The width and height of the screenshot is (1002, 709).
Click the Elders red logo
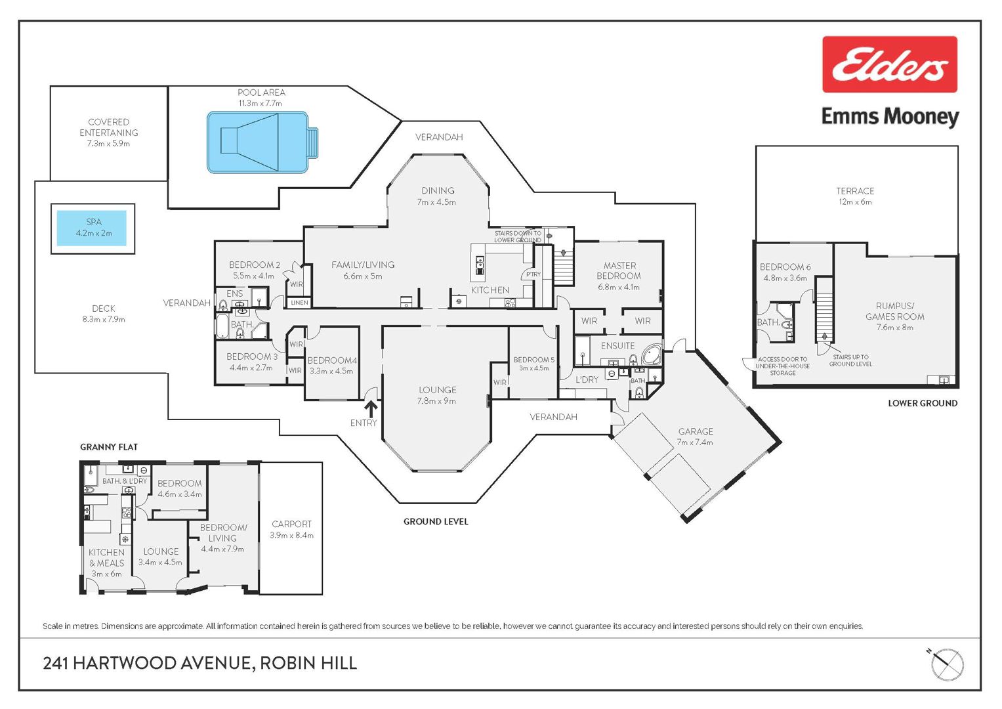(889, 64)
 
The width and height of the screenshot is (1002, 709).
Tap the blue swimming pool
(262, 142)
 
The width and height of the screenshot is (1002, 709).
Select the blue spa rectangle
(92, 228)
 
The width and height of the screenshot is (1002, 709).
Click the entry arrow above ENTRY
(370, 408)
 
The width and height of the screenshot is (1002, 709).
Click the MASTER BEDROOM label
(619, 270)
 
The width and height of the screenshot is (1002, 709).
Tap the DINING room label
(438, 190)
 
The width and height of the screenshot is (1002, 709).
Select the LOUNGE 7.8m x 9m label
(437, 395)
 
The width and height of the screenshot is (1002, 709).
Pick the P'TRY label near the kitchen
(533, 274)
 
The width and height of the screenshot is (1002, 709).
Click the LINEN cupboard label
(299, 303)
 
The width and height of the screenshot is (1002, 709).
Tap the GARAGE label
(696, 431)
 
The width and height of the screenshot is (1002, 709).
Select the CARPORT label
(291, 524)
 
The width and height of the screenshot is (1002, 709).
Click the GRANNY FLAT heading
(109, 446)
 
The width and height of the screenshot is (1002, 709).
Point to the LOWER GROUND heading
(923, 403)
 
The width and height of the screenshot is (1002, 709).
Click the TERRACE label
(855, 191)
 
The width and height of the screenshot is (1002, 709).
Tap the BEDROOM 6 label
(785, 267)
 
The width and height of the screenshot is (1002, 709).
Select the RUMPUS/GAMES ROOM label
(894, 312)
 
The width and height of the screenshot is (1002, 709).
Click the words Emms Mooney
(890, 118)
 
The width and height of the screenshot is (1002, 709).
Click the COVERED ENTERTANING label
(109, 127)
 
